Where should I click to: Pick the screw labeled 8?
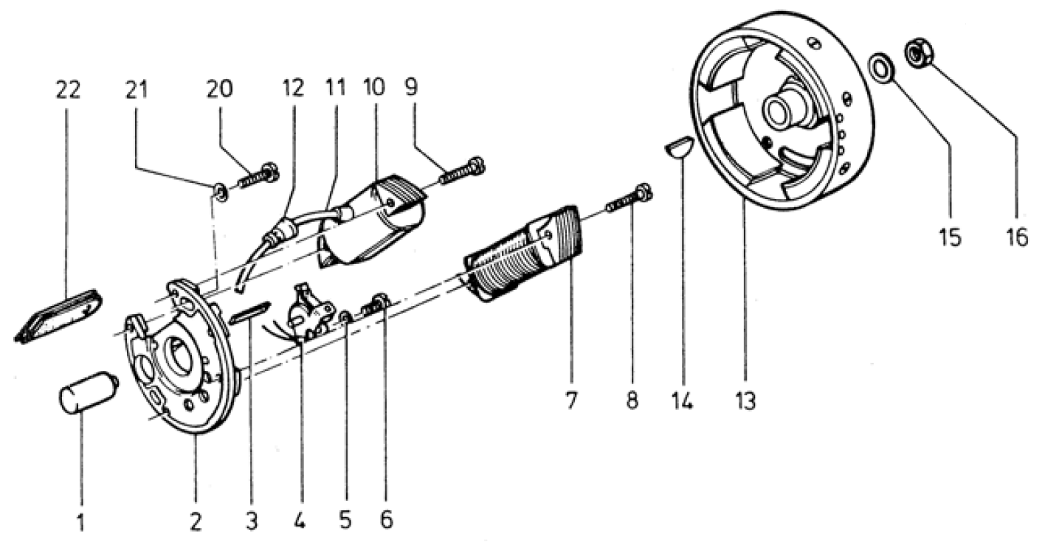(628, 199)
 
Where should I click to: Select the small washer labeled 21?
(221, 192)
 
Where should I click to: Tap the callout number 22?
(68, 90)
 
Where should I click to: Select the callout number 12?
(293, 88)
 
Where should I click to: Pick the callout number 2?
(196, 521)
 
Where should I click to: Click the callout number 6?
(387, 519)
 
